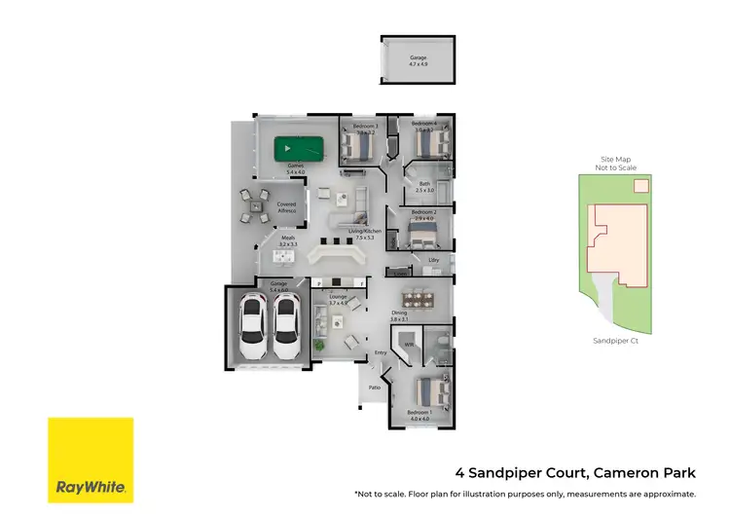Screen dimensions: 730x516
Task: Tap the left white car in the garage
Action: [x=252, y=326]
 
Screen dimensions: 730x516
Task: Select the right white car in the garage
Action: [x=286, y=326]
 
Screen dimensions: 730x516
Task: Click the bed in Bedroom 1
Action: [x=431, y=392]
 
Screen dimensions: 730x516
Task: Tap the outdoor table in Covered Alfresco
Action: [x=256, y=204]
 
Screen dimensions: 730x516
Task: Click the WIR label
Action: [x=410, y=345]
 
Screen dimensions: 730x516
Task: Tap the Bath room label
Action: [x=425, y=184]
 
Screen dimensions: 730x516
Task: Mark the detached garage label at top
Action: [x=418, y=59]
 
